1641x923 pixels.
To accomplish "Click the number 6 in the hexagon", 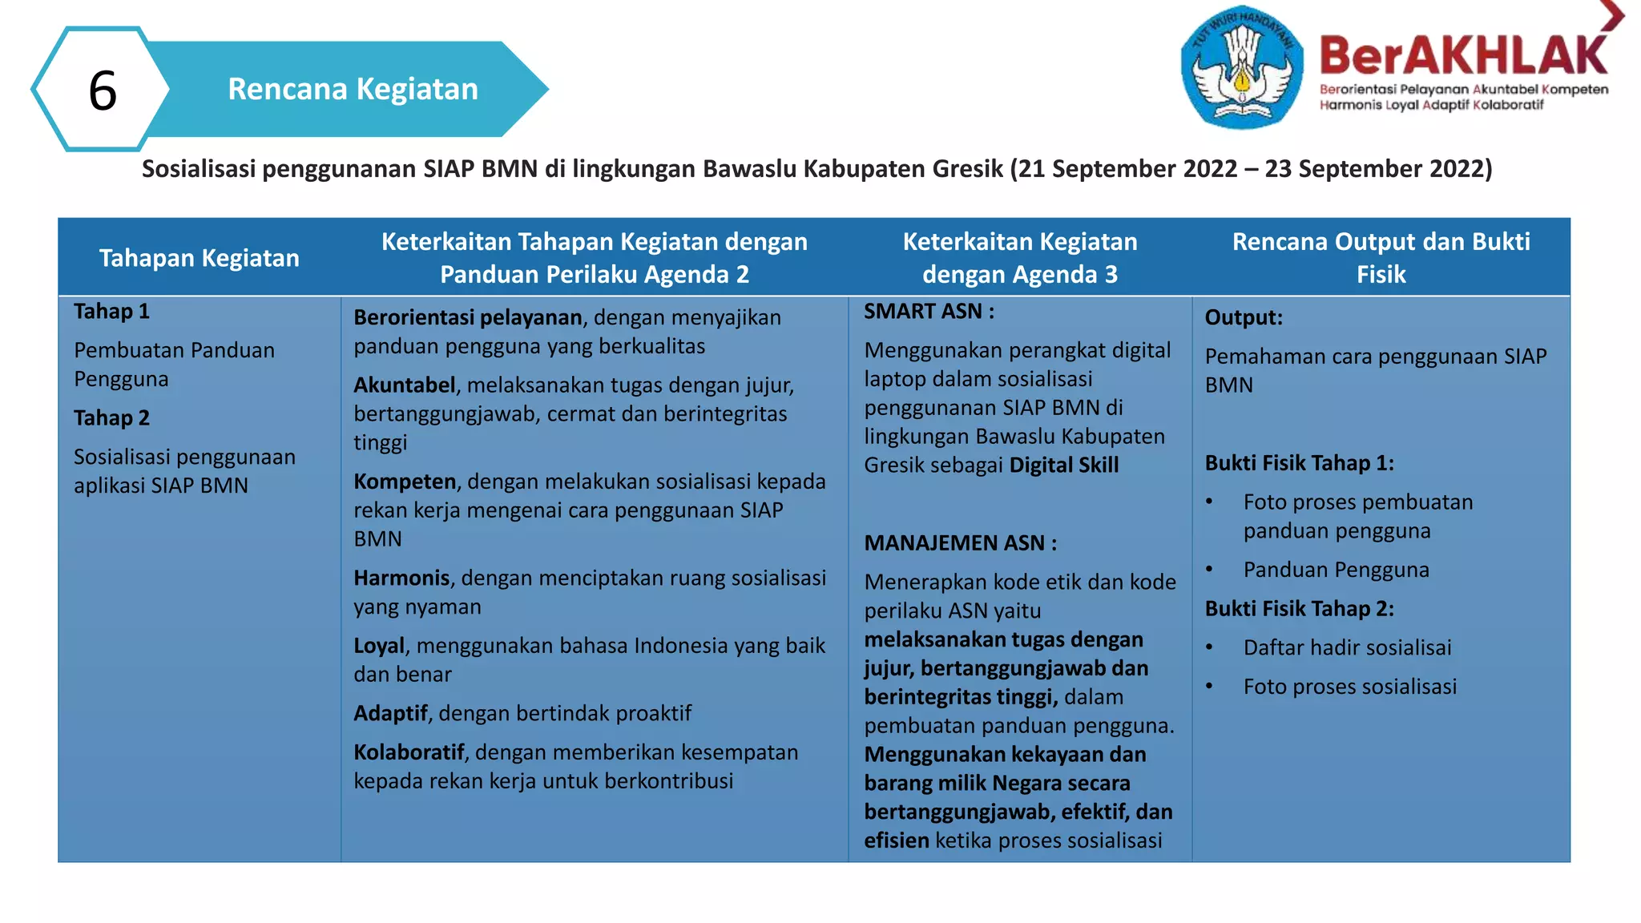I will (103, 90).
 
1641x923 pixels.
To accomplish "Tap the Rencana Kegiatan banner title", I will (353, 89).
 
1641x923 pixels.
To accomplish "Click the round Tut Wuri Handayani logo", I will (1241, 67).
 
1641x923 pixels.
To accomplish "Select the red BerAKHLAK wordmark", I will (1463, 56).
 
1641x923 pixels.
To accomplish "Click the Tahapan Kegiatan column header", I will (199, 258).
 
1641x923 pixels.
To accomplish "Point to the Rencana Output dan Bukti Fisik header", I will (1381, 258).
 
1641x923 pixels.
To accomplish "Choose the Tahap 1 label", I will (111, 312).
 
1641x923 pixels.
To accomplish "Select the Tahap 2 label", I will (111, 418).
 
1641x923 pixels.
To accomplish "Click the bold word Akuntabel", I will (404, 385).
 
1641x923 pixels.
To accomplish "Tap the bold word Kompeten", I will (405, 482).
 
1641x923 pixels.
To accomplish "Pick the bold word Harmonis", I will (401, 578).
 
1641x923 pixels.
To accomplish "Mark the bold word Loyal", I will (379, 646).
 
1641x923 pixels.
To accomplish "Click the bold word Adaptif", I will (390, 714).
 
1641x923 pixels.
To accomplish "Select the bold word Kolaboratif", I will (409, 752).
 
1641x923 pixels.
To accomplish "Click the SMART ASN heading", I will (929, 312).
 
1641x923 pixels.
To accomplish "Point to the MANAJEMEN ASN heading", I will (960, 543).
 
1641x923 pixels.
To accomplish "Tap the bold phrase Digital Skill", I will (1063, 466).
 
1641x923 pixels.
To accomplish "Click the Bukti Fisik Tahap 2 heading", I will (1299, 609).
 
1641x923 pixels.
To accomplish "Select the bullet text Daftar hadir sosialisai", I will (1347, 648).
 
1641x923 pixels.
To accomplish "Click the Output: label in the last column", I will (1244, 318).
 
